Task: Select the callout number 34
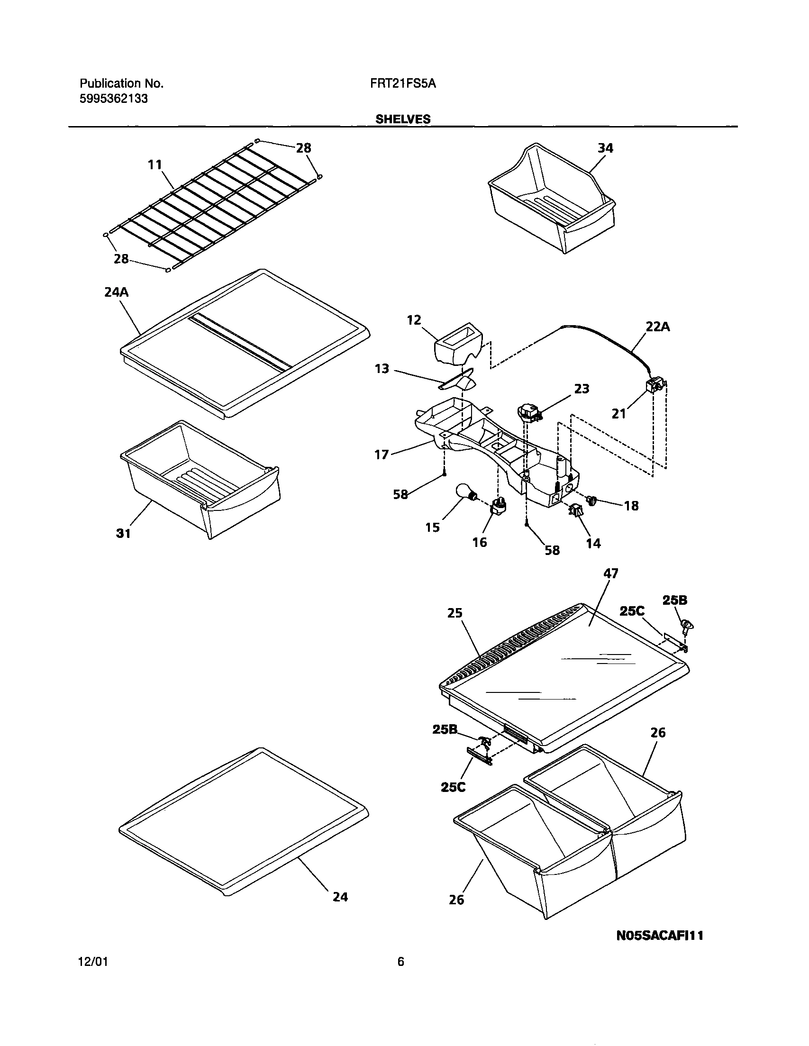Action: coord(605,148)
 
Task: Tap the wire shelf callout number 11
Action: coord(154,165)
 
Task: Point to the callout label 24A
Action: coord(117,291)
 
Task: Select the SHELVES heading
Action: coord(402,119)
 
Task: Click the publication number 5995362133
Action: coord(114,99)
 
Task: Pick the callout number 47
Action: coord(611,573)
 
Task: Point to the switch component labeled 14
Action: coord(575,511)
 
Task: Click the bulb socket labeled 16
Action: coord(498,507)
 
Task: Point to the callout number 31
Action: coord(123,533)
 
